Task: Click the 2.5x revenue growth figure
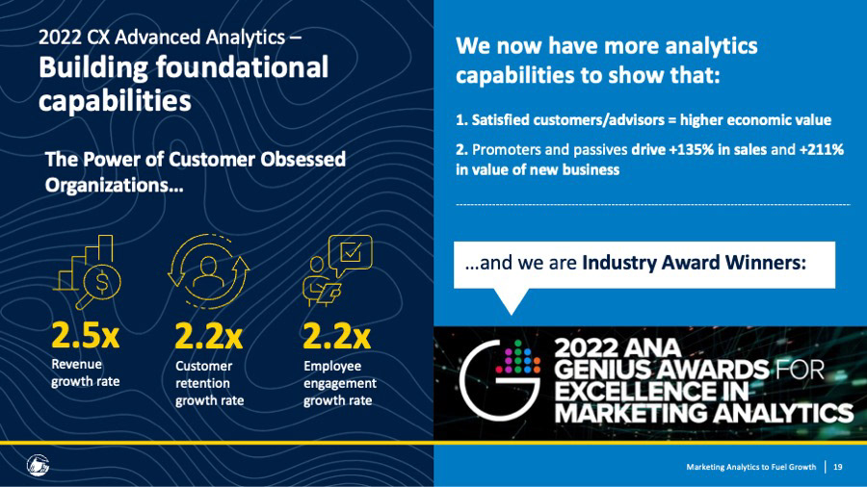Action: point(85,335)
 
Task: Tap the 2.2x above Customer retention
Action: point(208,336)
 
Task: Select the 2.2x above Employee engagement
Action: point(337,336)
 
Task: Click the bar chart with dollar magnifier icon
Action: point(88,271)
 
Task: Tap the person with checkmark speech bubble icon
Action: point(337,270)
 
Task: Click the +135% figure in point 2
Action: point(691,149)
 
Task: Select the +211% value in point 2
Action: point(822,149)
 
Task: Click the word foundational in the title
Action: point(242,67)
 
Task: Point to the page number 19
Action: point(838,467)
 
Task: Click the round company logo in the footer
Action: point(39,465)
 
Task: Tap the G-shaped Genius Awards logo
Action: point(500,380)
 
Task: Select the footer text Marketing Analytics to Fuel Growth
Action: point(750,467)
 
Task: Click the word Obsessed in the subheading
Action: point(303,159)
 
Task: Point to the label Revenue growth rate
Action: point(85,372)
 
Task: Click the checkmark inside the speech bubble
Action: point(351,252)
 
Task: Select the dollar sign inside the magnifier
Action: point(102,282)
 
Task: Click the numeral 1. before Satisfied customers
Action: point(461,119)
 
